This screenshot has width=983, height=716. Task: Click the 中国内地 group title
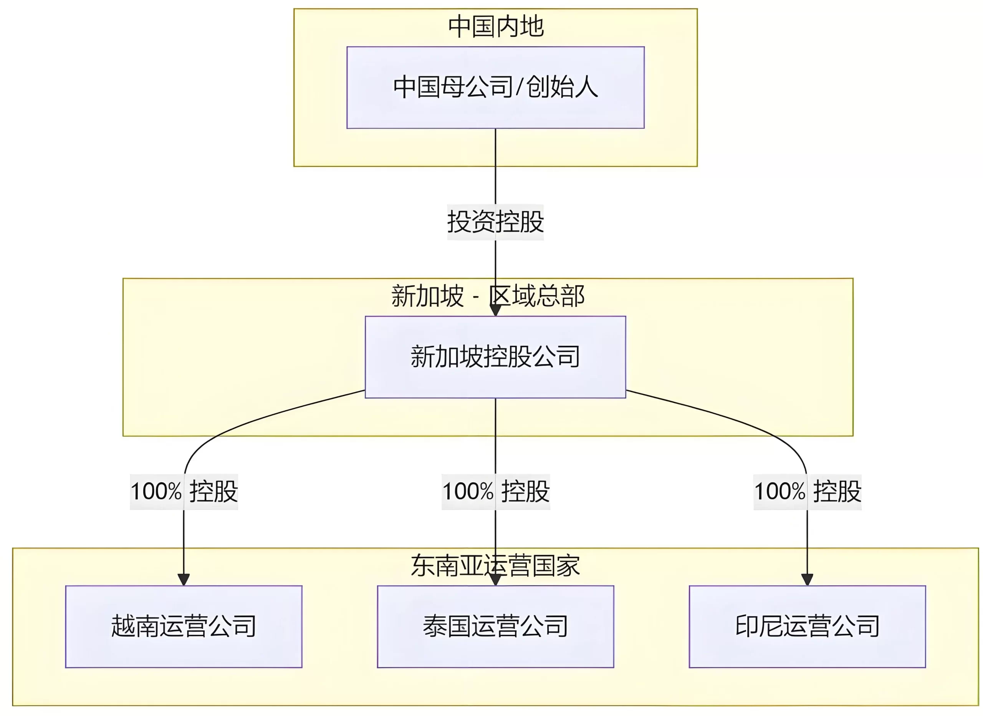495,27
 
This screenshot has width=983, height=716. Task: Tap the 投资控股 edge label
495,222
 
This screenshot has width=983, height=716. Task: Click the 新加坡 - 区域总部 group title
488,297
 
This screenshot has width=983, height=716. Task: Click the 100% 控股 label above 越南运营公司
184,492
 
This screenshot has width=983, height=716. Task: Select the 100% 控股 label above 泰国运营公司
495,492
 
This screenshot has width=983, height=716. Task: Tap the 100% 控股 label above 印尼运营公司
807,492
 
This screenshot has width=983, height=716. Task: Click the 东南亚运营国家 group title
495,566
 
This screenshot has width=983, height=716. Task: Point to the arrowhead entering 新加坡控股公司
495,310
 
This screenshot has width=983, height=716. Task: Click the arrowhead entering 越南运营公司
184,580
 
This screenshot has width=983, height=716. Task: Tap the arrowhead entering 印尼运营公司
807,580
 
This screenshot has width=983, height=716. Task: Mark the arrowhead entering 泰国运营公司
495,580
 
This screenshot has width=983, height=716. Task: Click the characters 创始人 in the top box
562,87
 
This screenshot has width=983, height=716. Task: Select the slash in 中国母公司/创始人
519,87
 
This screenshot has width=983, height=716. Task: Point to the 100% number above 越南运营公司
156,492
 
